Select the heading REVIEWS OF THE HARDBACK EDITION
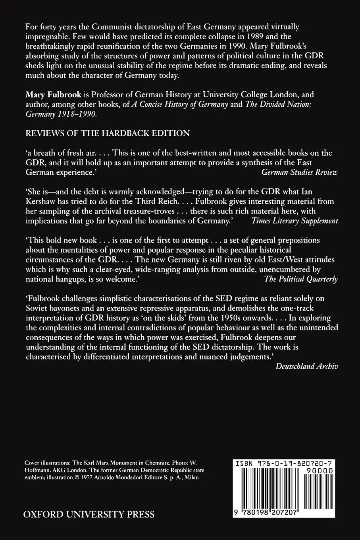tap(108, 133)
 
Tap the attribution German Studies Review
tap(300, 172)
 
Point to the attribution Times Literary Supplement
tap(295, 221)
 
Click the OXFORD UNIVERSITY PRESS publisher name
tap(89, 515)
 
